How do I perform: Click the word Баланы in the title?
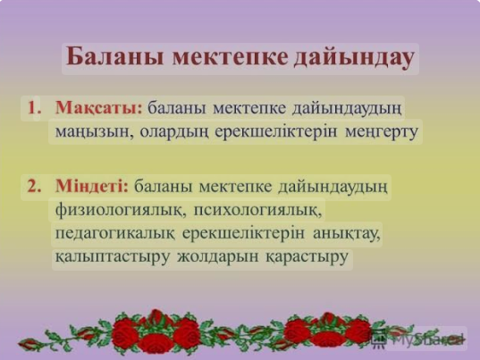click(115, 57)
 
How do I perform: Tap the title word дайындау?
click(354, 58)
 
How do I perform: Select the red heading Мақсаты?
click(99, 109)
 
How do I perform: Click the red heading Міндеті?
click(92, 186)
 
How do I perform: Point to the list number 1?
click(35, 108)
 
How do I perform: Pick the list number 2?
click(34, 185)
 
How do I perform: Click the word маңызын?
click(94, 132)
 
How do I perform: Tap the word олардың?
click(174, 132)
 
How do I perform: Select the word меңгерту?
click(382, 132)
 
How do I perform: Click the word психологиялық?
click(257, 211)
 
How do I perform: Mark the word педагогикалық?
click(115, 234)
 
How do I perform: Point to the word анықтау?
click(347, 234)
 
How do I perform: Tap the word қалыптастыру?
click(112, 257)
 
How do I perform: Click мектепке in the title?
click(230, 57)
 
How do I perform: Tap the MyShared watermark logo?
click(417, 339)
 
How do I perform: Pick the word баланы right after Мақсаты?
click(177, 108)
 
